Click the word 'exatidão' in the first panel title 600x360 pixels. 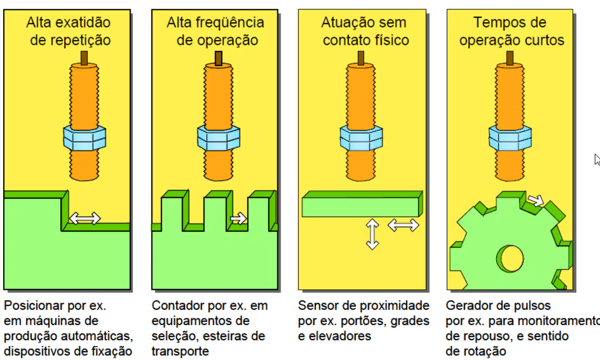(83, 22)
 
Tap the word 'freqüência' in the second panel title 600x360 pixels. (230, 22)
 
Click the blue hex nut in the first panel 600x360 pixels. (85, 138)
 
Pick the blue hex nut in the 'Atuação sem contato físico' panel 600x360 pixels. (361, 138)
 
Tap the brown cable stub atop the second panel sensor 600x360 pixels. (219, 58)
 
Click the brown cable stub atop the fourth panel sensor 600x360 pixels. (510, 58)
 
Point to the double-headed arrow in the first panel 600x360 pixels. (85, 219)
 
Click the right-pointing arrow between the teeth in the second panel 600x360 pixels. (238, 219)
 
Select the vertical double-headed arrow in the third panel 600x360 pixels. (372, 234)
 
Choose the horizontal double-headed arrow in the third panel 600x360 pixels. (403, 225)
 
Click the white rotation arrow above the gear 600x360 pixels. (536, 200)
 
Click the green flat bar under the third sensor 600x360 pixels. (362, 204)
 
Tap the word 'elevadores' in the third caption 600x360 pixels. (340, 336)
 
